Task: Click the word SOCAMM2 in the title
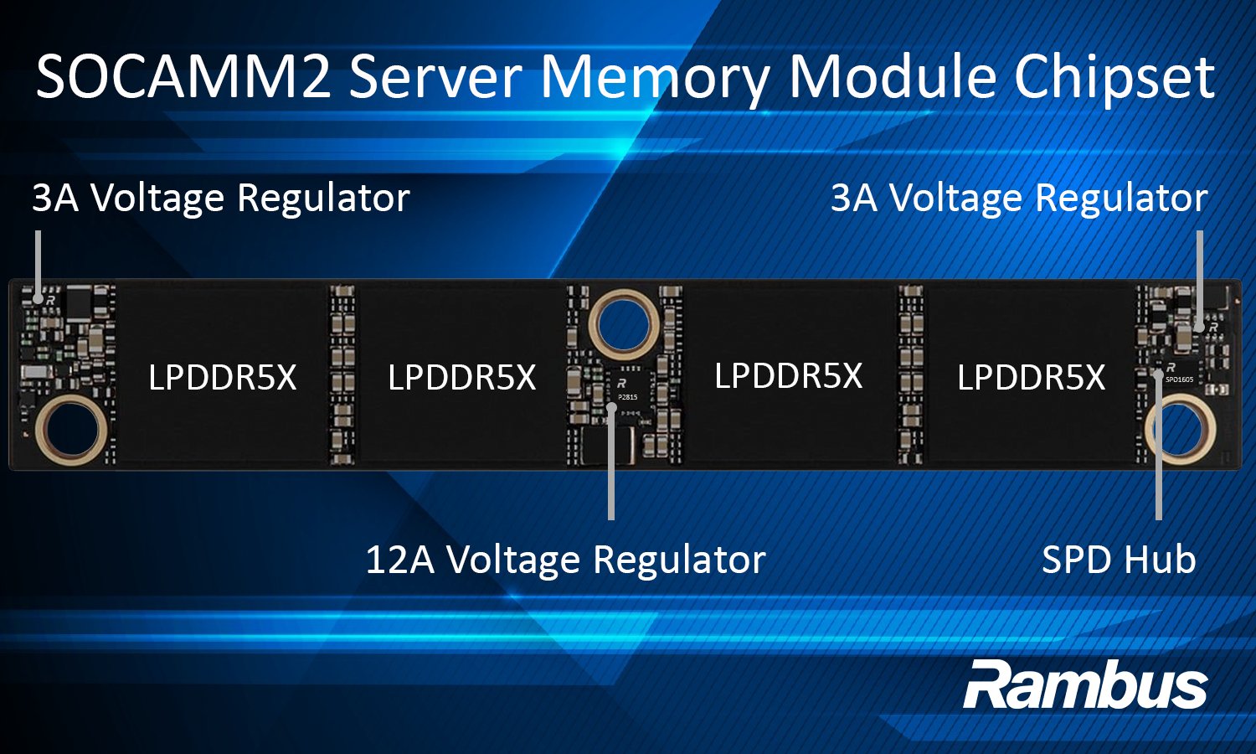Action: [x=183, y=77]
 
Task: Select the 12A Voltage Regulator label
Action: [x=565, y=560]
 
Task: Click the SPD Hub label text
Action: [x=1118, y=560]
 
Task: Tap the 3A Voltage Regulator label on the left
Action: [x=220, y=199]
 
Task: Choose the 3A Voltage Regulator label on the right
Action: [x=1018, y=199]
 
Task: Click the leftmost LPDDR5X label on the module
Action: [x=222, y=378]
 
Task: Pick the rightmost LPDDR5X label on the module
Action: [x=1031, y=378]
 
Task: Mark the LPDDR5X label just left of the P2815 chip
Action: [x=461, y=378]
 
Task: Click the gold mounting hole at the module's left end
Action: [x=71, y=430]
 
